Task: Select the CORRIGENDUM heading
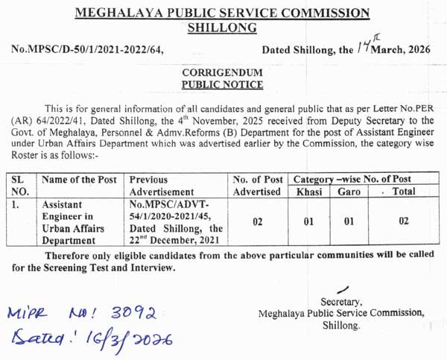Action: click(222, 73)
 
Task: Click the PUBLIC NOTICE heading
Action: click(222, 85)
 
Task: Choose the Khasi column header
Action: click(308, 192)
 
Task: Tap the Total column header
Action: click(403, 192)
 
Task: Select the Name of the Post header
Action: click(80, 180)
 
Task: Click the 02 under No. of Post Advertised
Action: click(257, 221)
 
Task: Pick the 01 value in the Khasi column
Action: click(308, 221)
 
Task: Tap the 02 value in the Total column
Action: click(403, 221)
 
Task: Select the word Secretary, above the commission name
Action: click(341, 302)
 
